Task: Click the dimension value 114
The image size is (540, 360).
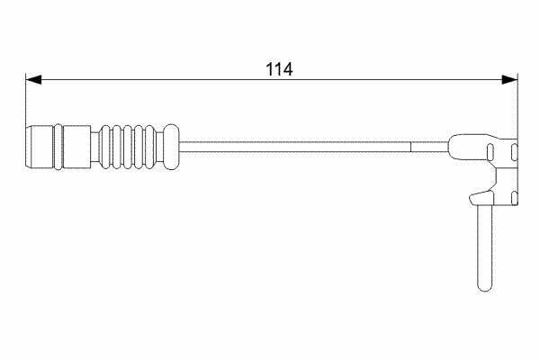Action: [279, 69]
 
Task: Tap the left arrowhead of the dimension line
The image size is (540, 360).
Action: [33, 79]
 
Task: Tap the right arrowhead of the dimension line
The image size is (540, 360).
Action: [509, 79]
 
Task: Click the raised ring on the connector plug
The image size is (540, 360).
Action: [58, 147]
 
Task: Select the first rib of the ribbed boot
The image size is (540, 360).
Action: [104, 147]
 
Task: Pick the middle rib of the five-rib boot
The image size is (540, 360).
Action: [128, 147]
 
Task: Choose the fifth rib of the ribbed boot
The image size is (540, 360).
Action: [150, 147]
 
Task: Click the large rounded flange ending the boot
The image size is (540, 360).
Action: [171, 147]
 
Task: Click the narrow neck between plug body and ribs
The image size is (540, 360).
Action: [95, 147]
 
